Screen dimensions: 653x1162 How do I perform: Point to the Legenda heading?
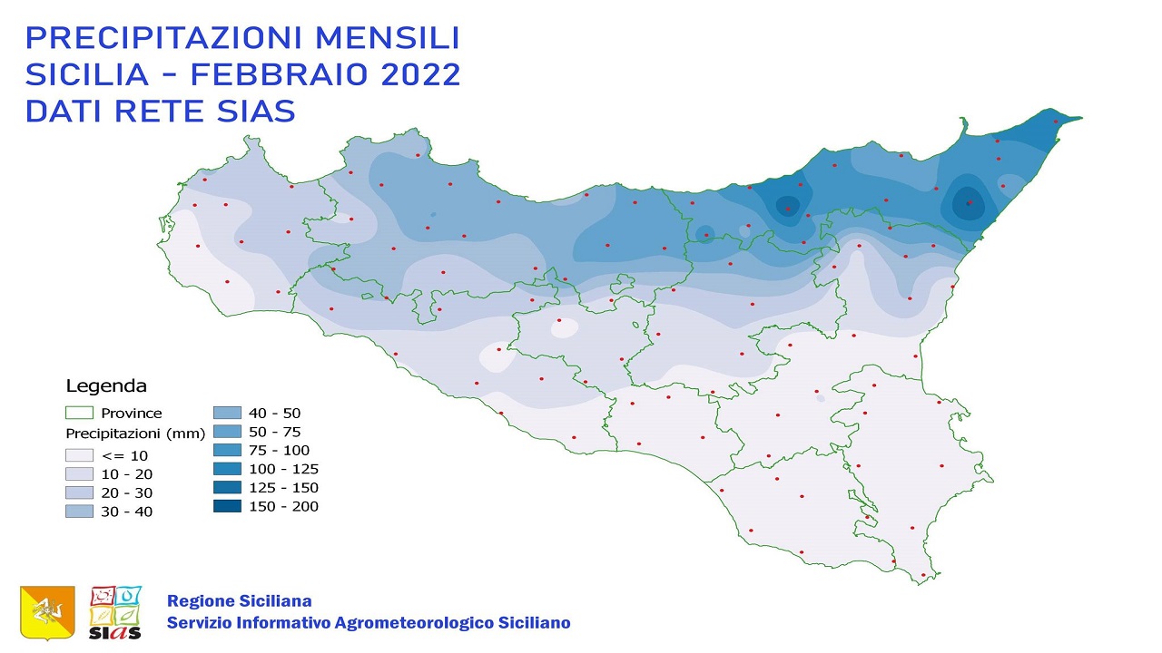click(106, 386)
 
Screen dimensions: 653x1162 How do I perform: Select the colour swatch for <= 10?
click(79, 455)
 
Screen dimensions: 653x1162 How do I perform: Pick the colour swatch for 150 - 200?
click(227, 506)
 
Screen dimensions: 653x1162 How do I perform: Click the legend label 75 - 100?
click(279, 451)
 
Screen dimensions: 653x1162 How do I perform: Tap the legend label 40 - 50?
click(274, 414)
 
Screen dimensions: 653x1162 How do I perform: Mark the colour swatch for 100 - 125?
click(227, 469)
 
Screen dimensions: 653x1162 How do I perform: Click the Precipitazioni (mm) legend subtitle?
click(135, 434)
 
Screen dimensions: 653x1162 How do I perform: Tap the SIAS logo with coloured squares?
click(115, 612)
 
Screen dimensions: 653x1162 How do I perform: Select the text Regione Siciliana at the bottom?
click(239, 601)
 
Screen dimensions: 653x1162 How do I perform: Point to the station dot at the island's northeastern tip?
click(1056, 122)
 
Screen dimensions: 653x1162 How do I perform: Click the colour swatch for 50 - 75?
click(227, 432)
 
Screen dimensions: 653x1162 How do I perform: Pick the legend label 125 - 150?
click(283, 488)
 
